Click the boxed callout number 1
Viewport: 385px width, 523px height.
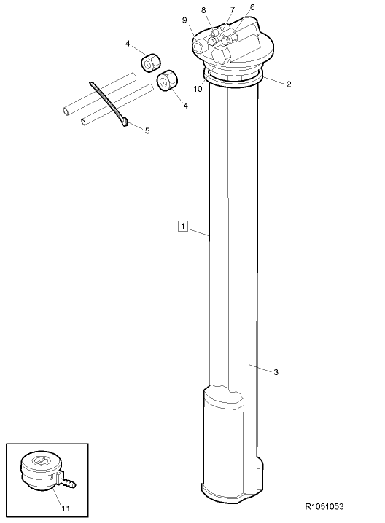pyautogui.click(x=183, y=227)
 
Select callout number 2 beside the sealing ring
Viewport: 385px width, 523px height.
pyautogui.click(x=288, y=84)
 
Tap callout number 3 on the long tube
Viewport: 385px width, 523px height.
pyautogui.click(x=276, y=372)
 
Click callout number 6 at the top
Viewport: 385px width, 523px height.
pyautogui.click(x=252, y=7)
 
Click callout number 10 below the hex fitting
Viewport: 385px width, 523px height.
pyautogui.click(x=197, y=89)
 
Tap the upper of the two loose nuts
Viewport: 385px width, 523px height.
pyautogui.click(x=150, y=64)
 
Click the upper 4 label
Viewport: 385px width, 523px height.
pyautogui.click(x=128, y=44)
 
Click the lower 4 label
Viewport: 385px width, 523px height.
pyautogui.click(x=186, y=106)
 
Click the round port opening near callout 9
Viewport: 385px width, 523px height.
pyautogui.click(x=198, y=44)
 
